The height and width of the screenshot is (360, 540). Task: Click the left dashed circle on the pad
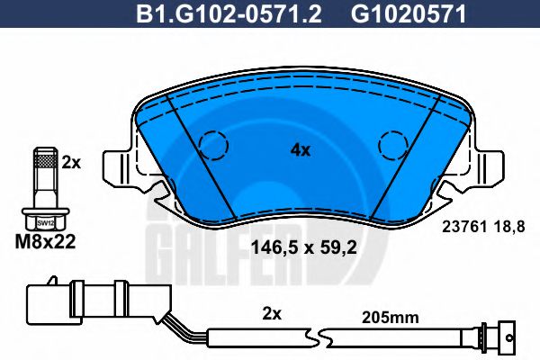point(213,144)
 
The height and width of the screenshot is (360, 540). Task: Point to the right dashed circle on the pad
point(393,144)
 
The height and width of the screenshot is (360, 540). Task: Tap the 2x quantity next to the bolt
point(72,163)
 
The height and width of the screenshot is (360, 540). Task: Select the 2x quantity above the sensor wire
point(272,315)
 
